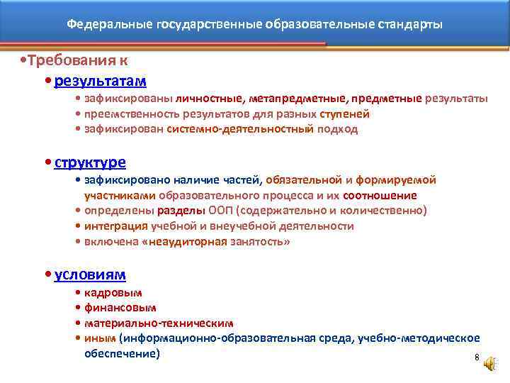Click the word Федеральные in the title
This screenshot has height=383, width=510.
(101, 25)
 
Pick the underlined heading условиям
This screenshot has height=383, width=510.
(90, 274)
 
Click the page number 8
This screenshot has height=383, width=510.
(477, 357)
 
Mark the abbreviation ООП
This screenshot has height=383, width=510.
(217, 211)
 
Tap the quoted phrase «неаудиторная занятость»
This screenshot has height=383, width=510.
(227, 242)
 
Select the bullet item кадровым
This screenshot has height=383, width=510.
(113, 292)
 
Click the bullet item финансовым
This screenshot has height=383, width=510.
(120, 308)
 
